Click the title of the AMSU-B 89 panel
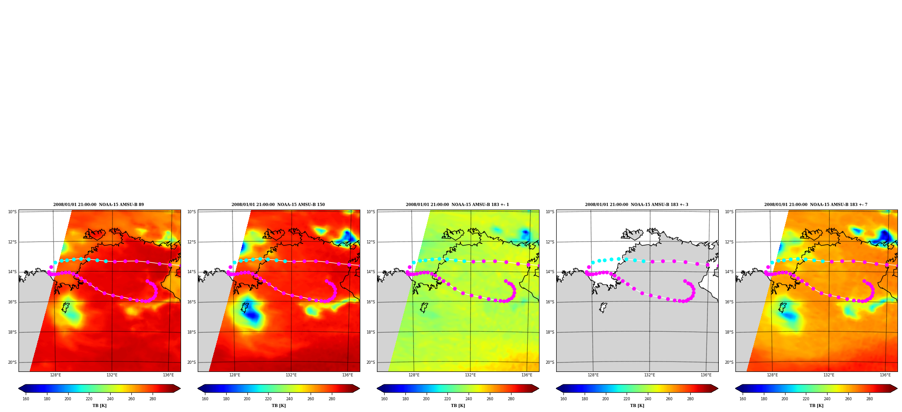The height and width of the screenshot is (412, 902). coord(98,205)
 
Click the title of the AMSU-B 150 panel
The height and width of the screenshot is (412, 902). coord(278,205)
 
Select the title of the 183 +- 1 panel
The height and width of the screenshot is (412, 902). coord(457,205)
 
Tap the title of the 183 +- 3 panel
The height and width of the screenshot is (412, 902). coord(637,205)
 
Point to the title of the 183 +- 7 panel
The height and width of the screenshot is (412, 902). coord(816,205)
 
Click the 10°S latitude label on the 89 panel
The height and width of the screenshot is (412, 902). coord(12,212)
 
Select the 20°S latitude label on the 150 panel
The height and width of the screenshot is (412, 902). coord(191,362)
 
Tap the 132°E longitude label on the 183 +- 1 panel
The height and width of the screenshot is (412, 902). coord(470,375)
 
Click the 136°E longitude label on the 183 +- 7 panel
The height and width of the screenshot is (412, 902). coord(885,375)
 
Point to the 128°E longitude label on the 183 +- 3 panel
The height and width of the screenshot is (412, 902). coord(593,375)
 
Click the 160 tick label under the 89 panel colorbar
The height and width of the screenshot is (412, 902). coord(26,399)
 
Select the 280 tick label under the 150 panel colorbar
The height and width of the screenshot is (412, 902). coord(332,399)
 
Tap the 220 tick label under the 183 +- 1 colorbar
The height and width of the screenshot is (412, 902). coord(447,399)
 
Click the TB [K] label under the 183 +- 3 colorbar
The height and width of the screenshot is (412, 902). coord(637,406)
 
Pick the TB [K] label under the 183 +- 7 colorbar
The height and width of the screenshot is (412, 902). coord(816,406)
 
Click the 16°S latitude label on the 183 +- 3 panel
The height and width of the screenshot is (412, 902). coord(550,302)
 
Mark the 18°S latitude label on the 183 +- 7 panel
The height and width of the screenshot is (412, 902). coord(729,332)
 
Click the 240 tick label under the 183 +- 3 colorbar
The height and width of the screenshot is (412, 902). coord(648,399)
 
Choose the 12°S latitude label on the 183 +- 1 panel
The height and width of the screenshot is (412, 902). coord(371,242)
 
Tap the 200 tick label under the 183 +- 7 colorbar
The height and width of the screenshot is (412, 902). coord(785,399)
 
